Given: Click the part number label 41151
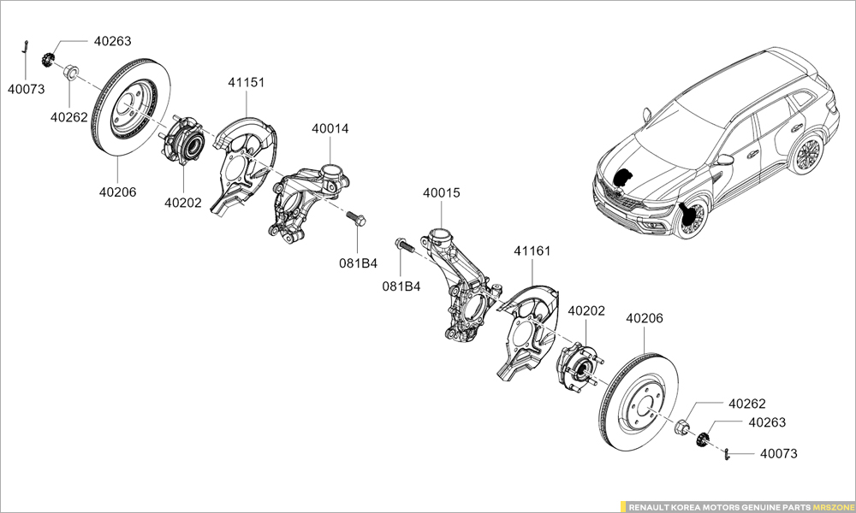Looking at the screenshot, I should pos(246,83).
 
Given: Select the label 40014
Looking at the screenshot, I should pos(330,129).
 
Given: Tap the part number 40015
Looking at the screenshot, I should pos(441,193).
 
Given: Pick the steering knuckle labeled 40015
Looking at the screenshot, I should pos(462,282).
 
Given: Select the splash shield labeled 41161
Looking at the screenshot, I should pos(526,333).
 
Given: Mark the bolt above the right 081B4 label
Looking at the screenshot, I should pos(404,246).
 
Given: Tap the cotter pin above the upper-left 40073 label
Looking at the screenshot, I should pos(27,48).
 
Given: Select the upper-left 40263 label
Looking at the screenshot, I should pos(112,41).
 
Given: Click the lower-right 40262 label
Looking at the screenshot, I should pos(746,404).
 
